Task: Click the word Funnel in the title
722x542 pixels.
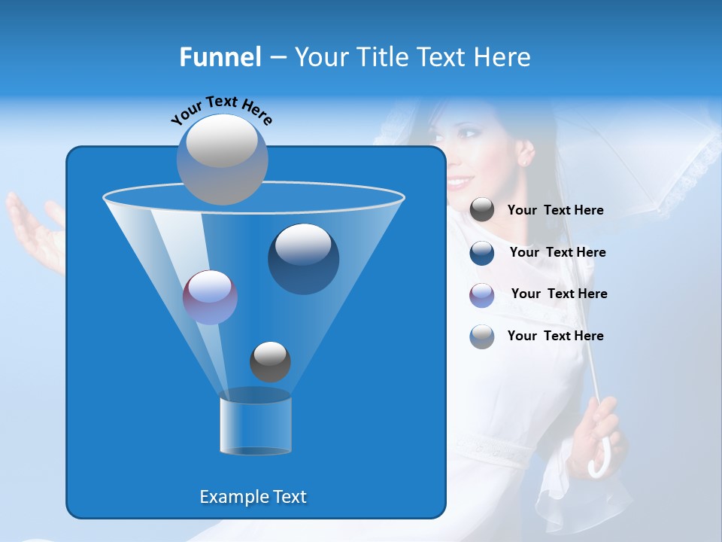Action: click(x=220, y=56)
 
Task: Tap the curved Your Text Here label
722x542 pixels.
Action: click(x=221, y=110)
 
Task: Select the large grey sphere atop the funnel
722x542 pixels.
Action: click(x=222, y=159)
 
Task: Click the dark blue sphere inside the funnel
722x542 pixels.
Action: click(x=303, y=258)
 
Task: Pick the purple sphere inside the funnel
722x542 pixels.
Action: click(x=210, y=297)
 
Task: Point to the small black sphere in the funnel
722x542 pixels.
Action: click(x=270, y=361)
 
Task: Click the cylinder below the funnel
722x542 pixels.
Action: click(x=256, y=425)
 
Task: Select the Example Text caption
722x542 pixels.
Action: click(x=253, y=497)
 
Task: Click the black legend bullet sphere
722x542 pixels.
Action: click(x=482, y=210)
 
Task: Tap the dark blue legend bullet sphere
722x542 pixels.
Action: click(x=482, y=252)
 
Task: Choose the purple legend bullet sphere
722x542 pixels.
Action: click(x=482, y=294)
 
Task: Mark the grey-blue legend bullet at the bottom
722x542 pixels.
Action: click(x=482, y=336)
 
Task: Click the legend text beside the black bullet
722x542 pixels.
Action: click(x=555, y=210)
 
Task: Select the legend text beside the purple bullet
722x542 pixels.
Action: click(x=559, y=294)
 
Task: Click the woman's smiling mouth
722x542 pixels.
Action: click(x=458, y=182)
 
